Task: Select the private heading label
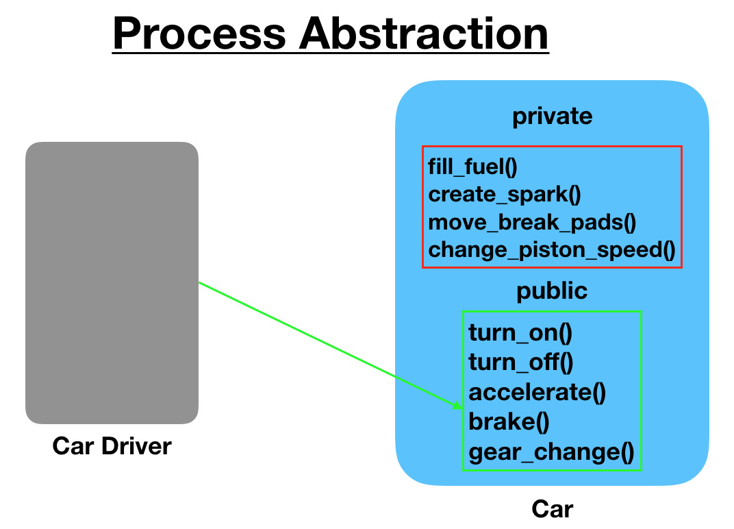[552, 116]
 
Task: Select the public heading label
[552, 291]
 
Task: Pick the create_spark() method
[505, 194]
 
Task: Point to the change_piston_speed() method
[552, 250]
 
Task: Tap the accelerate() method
[537, 392]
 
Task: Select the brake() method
[509, 421]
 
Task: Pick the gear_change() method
[551, 452]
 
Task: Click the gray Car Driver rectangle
[112, 282]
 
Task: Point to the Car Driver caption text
[112, 447]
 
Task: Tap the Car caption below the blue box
[552, 509]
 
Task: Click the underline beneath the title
[330, 53]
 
